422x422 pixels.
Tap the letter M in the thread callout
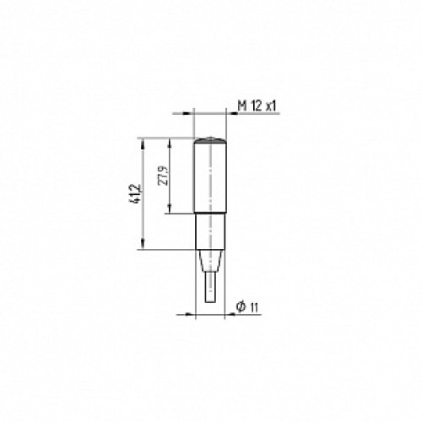pos(241,105)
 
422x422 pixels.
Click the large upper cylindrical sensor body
pos(211,177)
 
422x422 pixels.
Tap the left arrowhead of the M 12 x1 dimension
pos(190,112)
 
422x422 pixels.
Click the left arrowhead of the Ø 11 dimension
pos(192,311)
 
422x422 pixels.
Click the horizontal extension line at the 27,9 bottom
pos(181,214)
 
